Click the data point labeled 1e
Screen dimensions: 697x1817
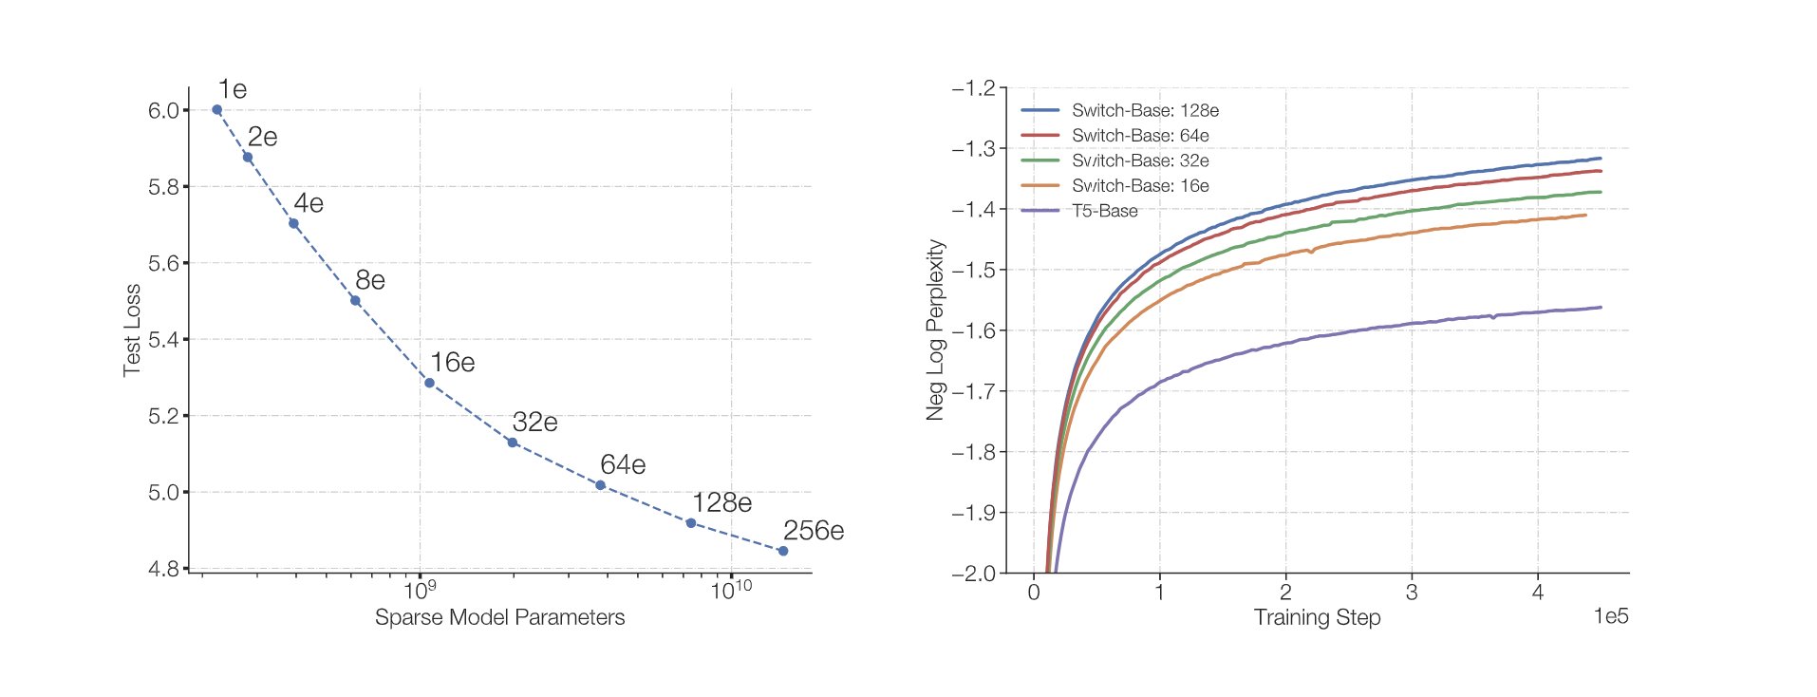pos(216,110)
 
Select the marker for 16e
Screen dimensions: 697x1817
pos(429,384)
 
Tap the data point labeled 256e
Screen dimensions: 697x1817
pos(783,551)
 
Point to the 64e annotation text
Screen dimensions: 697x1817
pos(623,464)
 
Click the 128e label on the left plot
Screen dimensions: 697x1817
pos(721,502)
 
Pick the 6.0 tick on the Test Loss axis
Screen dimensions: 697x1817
pos(163,111)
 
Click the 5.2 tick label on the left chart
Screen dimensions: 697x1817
pos(163,416)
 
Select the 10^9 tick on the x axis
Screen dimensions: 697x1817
pos(420,591)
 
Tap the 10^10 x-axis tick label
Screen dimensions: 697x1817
pos(731,591)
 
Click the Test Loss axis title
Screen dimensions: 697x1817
pos(132,330)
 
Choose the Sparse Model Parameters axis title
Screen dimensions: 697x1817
pos(499,617)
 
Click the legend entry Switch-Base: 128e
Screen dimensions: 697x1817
pos(1145,110)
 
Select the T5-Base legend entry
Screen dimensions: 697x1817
pos(1104,211)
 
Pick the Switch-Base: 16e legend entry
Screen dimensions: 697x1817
pos(1140,186)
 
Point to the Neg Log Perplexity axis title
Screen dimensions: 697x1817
pos(936,330)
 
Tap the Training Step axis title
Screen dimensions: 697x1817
pos(1317,617)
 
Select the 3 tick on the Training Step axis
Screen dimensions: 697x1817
pos(1412,593)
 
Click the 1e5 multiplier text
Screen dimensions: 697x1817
pos(1610,616)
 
